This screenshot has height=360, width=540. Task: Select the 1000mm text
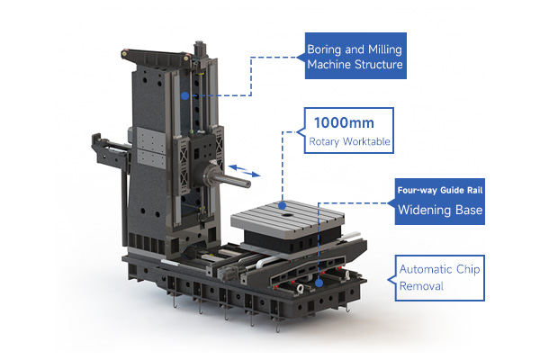pos(344,123)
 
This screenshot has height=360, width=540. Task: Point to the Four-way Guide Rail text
pos(440,191)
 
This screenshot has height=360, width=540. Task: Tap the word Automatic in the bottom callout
pos(426,269)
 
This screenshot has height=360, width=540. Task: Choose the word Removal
pos(421,286)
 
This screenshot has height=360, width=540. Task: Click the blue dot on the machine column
pos(184,95)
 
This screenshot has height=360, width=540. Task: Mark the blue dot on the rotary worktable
pos(283,206)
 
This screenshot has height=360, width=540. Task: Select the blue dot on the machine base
pos(319,283)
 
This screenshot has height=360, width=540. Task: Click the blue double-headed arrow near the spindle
pos(244,171)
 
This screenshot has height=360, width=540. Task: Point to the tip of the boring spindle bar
pos(248,184)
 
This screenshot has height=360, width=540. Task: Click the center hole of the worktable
pos(285,214)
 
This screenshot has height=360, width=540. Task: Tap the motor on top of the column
pos(200,49)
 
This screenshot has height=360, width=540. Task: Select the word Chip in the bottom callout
pos(468,269)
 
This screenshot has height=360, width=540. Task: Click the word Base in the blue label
pos(469,210)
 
